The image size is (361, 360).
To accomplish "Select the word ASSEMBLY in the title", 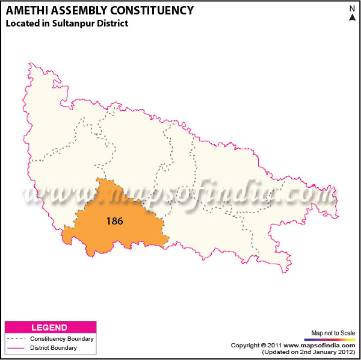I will (x=81, y=10).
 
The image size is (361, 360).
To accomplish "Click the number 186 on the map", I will (x=114, y=221).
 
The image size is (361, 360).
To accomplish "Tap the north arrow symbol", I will (x=352, y=17).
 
